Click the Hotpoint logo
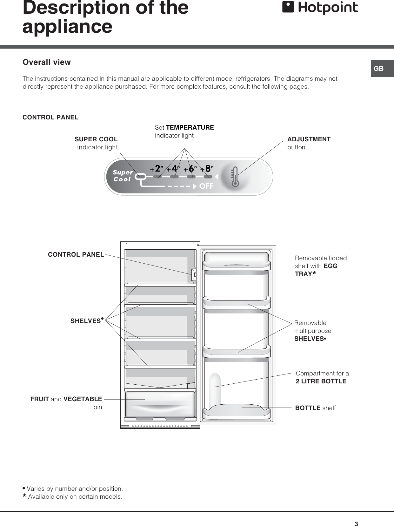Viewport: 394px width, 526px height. click(320, 8)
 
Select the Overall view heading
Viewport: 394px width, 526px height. click(47, 62)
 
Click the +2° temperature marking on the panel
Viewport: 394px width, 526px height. click(157, 168)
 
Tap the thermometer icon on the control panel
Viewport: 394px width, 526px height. click(235, 176)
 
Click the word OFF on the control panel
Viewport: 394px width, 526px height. click(206, 186)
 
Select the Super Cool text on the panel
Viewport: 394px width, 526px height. click(122, 176)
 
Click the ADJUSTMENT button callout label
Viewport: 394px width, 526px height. click(309, 143)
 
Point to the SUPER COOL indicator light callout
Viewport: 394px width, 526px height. click(97, 143)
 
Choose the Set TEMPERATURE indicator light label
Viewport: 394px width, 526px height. click(184, 131)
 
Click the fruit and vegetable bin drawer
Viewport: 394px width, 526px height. click(160, 404)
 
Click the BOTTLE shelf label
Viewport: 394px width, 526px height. click(315, 408)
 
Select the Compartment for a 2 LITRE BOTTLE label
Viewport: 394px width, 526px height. click(322, 377)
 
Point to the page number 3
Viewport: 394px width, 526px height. click(356, 524)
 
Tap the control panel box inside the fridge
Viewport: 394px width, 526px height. click(193, 275)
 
